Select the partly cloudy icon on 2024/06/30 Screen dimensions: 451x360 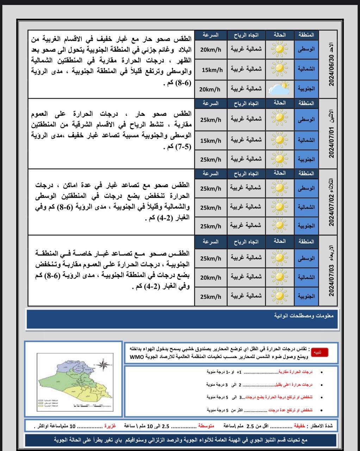[x=279, y=88]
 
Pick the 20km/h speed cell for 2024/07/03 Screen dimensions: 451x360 [x=210, y=278]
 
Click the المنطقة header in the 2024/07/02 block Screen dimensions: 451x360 [x=306, y=173]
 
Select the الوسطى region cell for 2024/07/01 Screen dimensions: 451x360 [x=306, y=120]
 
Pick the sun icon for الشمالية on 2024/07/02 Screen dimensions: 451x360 [x=279, y=207]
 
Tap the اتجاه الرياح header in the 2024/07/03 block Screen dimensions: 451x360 [x=246, y=242]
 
